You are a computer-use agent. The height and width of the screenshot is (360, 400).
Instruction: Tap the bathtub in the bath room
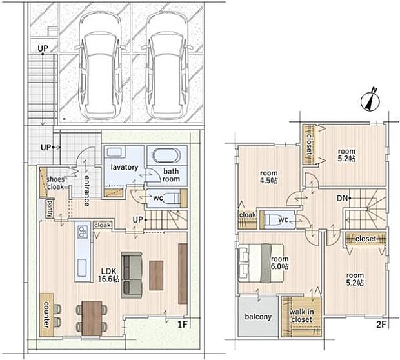(166, 155)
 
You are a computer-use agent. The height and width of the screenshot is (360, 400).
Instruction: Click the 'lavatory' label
(125, 167)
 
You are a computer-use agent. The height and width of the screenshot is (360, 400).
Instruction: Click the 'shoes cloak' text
(55, 183)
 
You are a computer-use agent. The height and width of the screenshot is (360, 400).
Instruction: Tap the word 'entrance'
(87, 190)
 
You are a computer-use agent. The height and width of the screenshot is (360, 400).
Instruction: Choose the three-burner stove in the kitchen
(83, 232)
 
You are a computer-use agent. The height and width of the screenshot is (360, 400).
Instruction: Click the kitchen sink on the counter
(82, 268)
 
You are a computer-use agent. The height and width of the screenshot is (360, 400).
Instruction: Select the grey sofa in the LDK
(132, 275)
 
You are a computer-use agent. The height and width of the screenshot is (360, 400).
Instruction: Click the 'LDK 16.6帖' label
(109, 275)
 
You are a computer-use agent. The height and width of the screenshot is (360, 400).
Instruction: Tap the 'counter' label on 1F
(46, 315)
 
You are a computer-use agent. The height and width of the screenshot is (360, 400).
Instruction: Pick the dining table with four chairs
(92, 319)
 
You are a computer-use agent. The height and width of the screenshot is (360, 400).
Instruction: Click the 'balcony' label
(258, 317)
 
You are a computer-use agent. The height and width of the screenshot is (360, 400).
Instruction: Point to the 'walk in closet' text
(301, 315)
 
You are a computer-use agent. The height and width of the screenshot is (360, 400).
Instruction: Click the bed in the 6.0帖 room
(261, 263)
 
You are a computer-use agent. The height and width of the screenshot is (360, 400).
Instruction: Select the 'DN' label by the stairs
(342, 198)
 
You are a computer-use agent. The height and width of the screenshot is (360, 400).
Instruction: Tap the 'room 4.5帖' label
(269, 177)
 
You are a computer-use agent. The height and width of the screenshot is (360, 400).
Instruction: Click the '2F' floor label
(382, 325)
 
